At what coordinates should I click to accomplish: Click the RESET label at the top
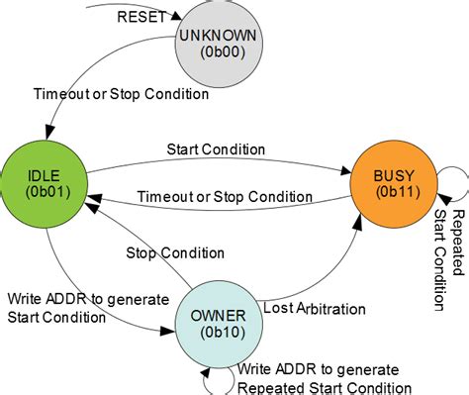pyautogui.click(x=141, y=17)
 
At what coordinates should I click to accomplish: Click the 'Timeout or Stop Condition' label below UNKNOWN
pyautogui.click(x=121, y=95)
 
